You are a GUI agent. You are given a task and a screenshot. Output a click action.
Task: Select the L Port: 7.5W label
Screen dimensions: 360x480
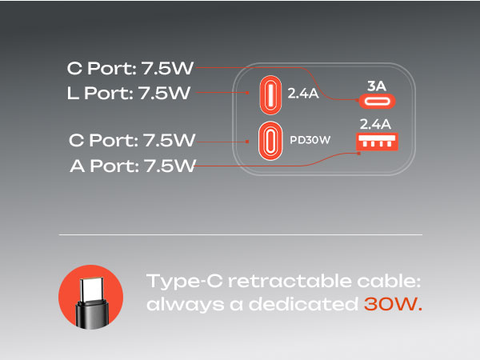[129, 93]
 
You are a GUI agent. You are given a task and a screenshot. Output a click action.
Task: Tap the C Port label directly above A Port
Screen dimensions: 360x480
[132, 141]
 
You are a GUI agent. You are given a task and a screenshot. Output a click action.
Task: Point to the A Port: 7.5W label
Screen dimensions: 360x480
[133, 166]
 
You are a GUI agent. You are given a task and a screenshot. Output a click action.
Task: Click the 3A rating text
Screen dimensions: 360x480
[376, 83]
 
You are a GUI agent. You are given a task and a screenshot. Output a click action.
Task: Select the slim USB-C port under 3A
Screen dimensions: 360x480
[376, 101]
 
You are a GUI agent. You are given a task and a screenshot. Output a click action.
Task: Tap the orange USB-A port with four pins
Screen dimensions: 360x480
[377, 142]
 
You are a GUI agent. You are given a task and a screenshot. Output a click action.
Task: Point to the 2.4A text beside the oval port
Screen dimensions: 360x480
[304, 94]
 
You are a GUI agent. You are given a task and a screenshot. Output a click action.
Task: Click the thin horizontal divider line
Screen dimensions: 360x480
[240, 235]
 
